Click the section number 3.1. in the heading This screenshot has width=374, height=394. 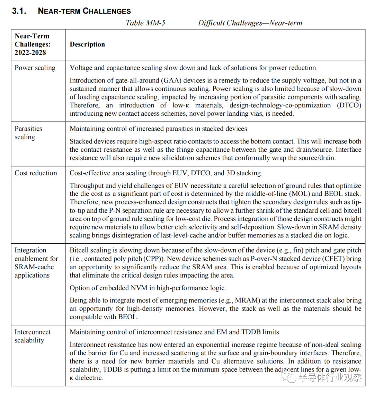pos(19,11)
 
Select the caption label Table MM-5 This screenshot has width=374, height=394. pos(145,23)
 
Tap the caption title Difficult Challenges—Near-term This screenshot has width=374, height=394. pos(250,23)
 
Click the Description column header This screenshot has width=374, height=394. pos(87,44)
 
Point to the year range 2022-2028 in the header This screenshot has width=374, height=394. pos(30,53)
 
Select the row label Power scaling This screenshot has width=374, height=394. pos(35,68)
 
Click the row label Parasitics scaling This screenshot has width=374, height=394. pos(28,133)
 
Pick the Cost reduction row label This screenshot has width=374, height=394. pos(36,173)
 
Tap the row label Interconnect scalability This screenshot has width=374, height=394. pos(33,336)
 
